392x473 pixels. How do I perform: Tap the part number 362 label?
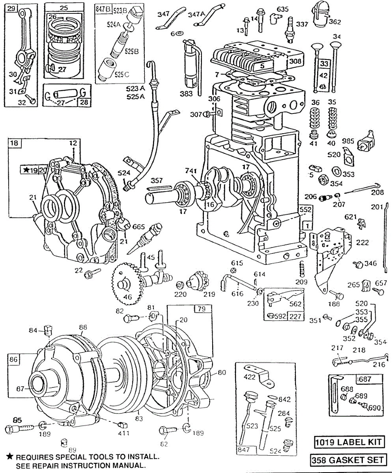pos(334,22)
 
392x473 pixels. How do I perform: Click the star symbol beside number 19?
pos(26,170)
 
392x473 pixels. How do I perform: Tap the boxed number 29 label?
pos(11,7)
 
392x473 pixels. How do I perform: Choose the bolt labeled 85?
pos(17,428)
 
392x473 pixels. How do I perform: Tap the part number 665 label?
pos(139,227)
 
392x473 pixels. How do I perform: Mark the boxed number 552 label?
pos(305,210)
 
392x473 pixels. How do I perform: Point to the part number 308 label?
pos(295,61)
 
